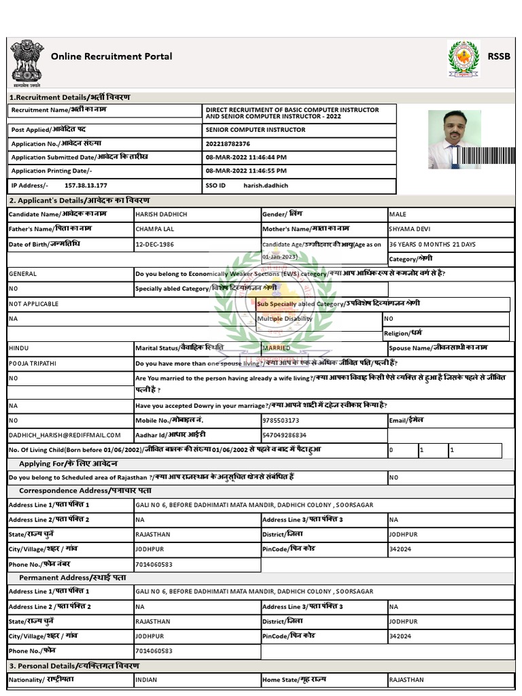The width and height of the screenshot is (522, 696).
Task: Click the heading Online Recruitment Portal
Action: click(111, 56)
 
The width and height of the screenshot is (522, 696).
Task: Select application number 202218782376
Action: click(228, 143)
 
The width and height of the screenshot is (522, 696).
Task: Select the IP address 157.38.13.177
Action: click(86, 185)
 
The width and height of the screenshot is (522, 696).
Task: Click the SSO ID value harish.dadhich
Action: click(261, 185)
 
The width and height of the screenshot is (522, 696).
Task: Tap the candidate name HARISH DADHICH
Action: click(161, 215)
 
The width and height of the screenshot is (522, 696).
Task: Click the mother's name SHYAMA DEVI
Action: click(409, 230)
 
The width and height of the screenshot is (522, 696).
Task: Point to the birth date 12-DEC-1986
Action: click(154, 245)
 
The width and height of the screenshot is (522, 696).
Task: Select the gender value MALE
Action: click(398, 215)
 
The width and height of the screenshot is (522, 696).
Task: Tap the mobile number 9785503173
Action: click(280, 421)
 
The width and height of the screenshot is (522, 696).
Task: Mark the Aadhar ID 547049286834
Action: click(284, 435)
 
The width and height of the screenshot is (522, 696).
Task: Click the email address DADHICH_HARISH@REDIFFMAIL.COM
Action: click(65, 435)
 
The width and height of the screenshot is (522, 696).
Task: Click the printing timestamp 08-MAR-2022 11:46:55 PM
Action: click(246, 171)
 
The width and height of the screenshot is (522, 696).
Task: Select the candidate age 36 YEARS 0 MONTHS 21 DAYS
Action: click(432, 245)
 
